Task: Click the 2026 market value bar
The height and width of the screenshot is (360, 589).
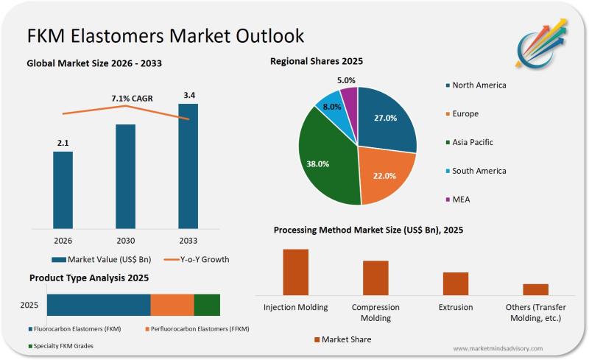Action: [x=63, y=189]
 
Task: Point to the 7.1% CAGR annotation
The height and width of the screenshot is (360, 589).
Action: [x=126, y=97]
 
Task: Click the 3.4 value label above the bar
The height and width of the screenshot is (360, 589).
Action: [x=188, y=94]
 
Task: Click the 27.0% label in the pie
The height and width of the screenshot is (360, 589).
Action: [x=386, y=118]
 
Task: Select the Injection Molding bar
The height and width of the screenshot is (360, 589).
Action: [x=295, y=272]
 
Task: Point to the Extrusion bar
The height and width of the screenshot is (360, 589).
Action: [x=455, y=283]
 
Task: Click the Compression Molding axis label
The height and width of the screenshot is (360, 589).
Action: [x=375, y=312]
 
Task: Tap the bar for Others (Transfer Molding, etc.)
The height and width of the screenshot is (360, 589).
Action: [x=535, y=289]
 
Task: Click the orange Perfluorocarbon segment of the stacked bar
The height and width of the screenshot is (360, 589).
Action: [x=172, y=305]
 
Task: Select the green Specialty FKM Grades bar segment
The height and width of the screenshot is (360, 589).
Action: [x=207, y=305]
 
